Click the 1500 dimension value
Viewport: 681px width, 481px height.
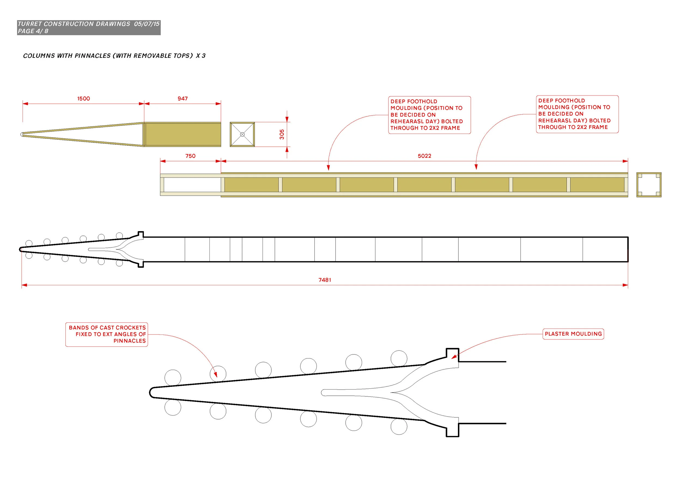tap(83, 99)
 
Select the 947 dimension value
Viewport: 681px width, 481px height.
tap(183, 99)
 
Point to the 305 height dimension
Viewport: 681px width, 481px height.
tap(282, 134)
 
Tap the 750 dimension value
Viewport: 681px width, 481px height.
tap(190, 156)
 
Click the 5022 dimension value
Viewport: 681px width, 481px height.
tap(424, 156)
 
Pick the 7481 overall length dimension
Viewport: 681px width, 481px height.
tap(325, 280)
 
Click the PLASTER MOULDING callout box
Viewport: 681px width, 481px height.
tap(573, 334)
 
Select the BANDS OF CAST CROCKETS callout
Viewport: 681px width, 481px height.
tap(107, 334)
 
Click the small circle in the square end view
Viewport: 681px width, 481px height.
tap(242, 134)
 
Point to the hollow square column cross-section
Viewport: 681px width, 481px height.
tap(649, 185)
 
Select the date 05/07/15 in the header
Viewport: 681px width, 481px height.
tap(147, 24)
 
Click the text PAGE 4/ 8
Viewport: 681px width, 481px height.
tap(33, 31)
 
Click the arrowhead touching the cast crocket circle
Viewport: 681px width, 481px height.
tap(216, 375)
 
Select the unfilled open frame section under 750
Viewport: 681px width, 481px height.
tap(192, 185)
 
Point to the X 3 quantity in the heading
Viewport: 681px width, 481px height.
tap(201, 56)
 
